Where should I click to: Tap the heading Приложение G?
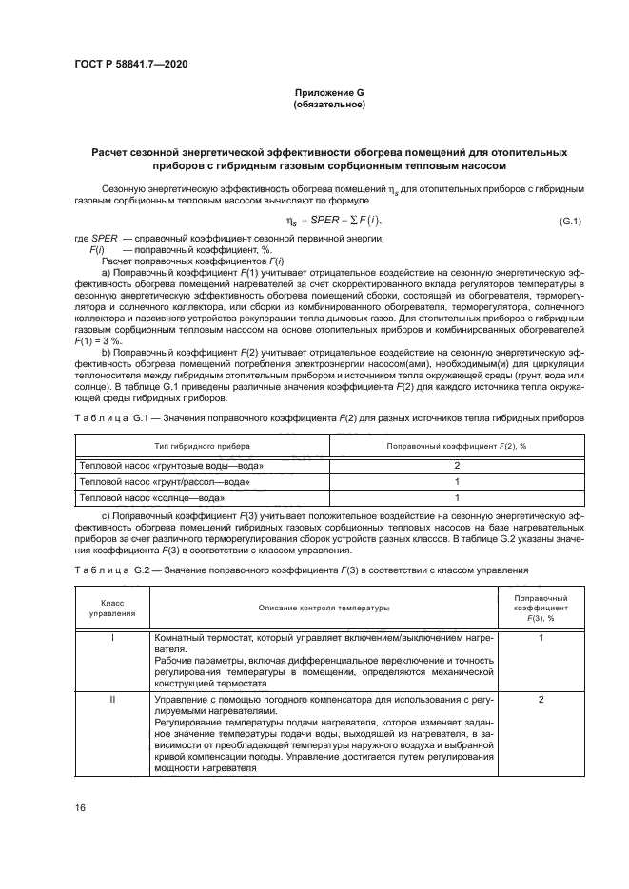click(x=328, y=92)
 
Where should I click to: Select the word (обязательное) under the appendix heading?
click(x=328, y=105)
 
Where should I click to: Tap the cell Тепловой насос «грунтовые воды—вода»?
click(x=171, y=466)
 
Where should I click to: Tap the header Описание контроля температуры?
click(x=324, y=608)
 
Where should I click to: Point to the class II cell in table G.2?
click(x=112, y=699)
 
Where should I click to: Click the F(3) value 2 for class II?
click(x=541, y=699)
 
